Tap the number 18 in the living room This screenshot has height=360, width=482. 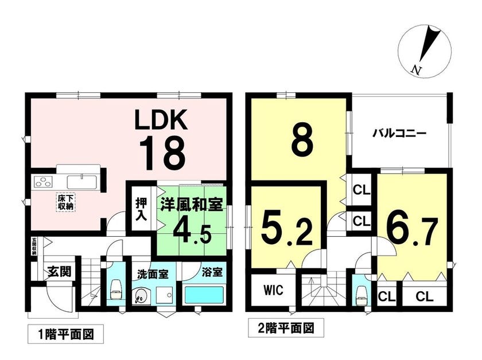click(162, 153)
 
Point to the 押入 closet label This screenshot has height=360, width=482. click(141, 209)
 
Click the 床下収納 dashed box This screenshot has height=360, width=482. click(65, 202)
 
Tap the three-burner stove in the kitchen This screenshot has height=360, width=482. click(44, 182)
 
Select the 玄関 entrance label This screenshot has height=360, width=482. click(59, 271)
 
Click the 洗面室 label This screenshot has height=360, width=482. click(153, 274)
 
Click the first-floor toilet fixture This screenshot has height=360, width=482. click(116, 289)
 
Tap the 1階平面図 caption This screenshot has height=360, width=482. click(66, 334)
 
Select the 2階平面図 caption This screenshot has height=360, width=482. click(286, 328)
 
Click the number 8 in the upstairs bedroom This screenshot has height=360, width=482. click(302, 140)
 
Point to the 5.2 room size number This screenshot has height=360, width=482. click(287, 229)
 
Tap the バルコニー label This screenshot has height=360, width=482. click(399, 134)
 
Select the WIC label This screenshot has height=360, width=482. click(273, 289)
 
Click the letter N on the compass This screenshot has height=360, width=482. click(416, 70)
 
